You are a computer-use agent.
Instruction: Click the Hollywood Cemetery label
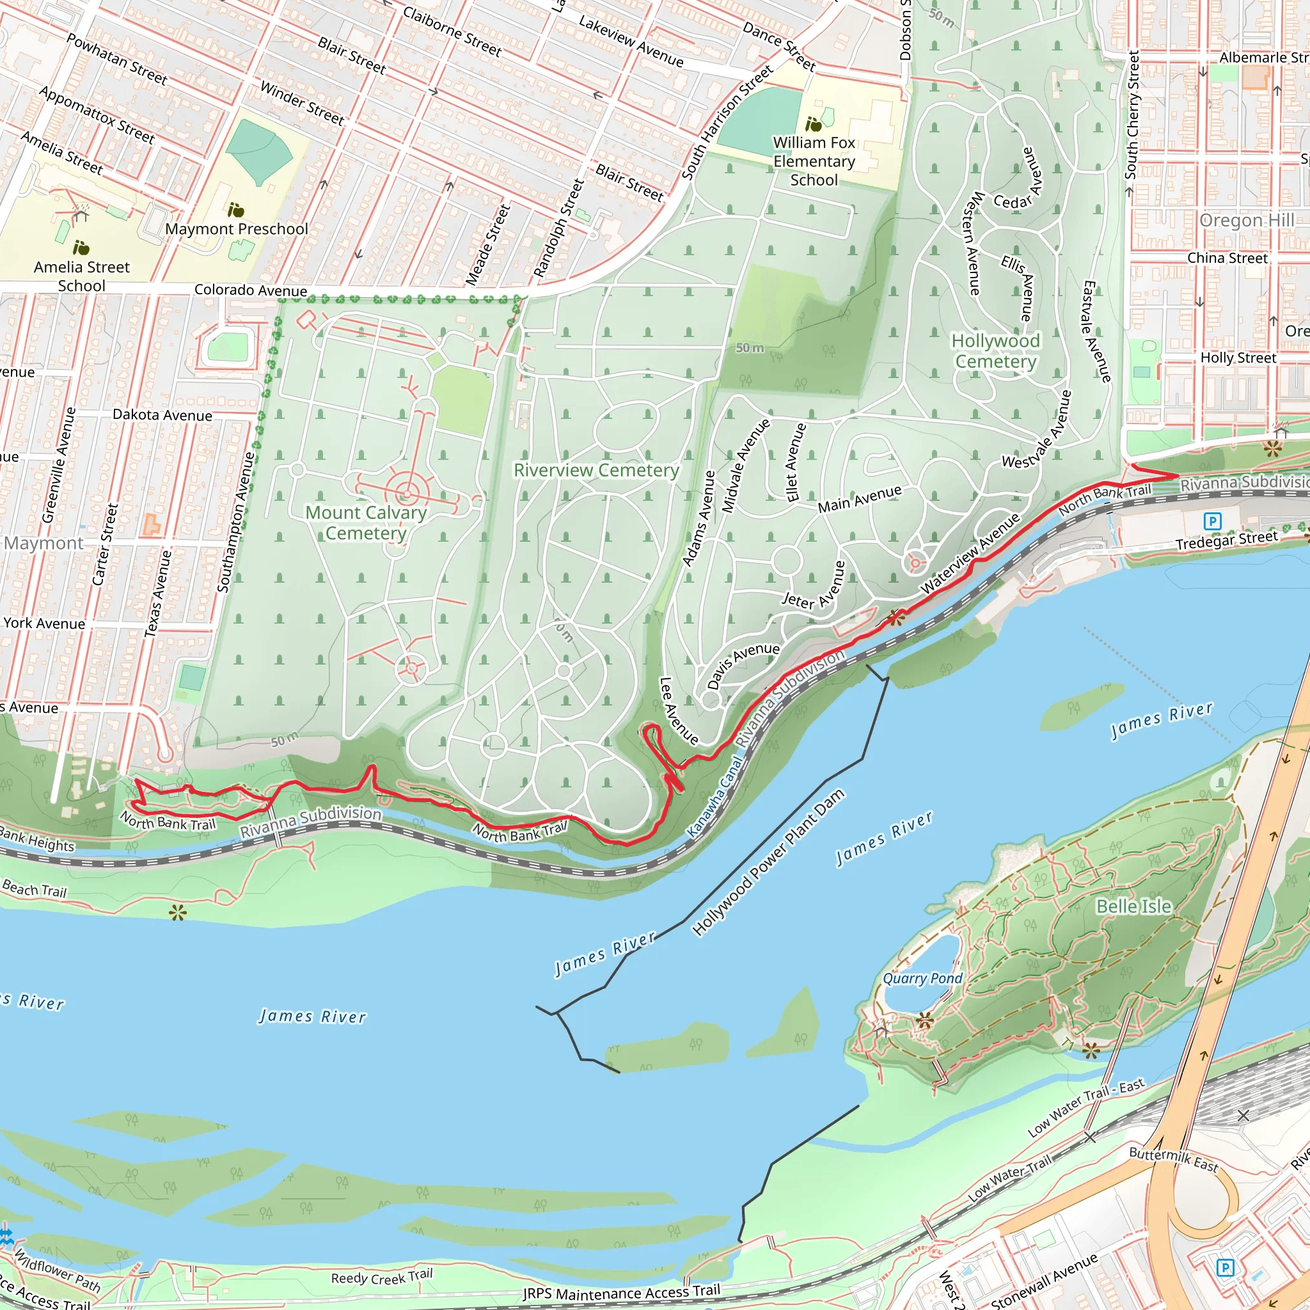pyautogui.click(x=995, y=351)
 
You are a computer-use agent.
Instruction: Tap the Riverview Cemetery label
pyautogui.click(x=596, y=470)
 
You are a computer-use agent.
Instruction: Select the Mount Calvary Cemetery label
pyautogui.click(x=366, y=523)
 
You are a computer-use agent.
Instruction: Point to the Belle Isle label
pyautogui.click(x=1133, y=906)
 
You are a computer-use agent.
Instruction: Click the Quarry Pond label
pyautogui.click(x=922, y=979)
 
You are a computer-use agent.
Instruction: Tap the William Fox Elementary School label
pyautogui.click(x=814, y=161)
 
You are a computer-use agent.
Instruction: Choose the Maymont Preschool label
pyautogui.click(x=236, y=229)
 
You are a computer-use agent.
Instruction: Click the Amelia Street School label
pyautogui.click(x=81, y=276)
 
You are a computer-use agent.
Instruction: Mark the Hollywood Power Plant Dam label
pyautogui.click(x=768, y=862)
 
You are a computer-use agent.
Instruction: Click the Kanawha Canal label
pyautogui.click(x=714, y=798)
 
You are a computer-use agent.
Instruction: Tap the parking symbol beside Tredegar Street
pyautogui.click(x=1212, y=521)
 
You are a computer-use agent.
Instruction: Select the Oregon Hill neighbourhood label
pyautogui.click(x=1246, y=221)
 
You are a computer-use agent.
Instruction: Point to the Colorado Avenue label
pyautogui.click(x=250, y=290)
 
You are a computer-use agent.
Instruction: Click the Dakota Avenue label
pyautogui.click(x=162, y=415)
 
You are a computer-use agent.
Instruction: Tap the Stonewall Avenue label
pyautogui.click(x=1043, y=1280)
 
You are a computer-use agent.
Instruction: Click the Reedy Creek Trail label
pyautogui.click(x=381, y=1277)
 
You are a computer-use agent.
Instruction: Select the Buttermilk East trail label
pyautogui.click(x=1173, y=1159)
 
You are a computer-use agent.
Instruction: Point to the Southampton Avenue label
pyautogui.click(x=235, y=522)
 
